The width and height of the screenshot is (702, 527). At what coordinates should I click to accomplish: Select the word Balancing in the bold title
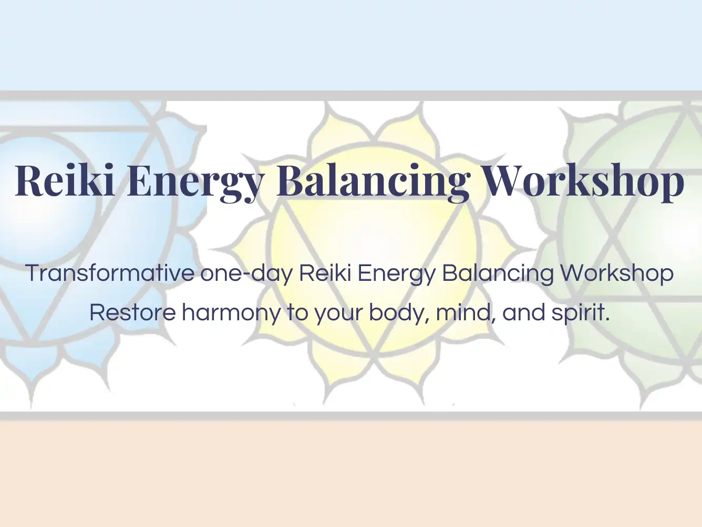374,183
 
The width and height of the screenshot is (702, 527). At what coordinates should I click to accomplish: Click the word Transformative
110,273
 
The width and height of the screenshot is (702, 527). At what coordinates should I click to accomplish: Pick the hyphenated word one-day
246,273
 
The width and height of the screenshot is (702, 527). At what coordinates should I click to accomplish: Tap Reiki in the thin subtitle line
325,273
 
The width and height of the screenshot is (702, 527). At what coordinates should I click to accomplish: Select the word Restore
133,313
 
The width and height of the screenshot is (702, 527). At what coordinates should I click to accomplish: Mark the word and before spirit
523,312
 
